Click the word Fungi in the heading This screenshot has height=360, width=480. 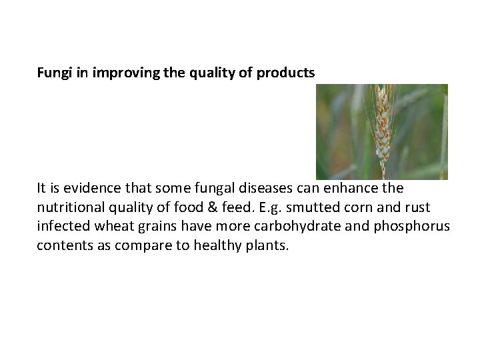[52, 73]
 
